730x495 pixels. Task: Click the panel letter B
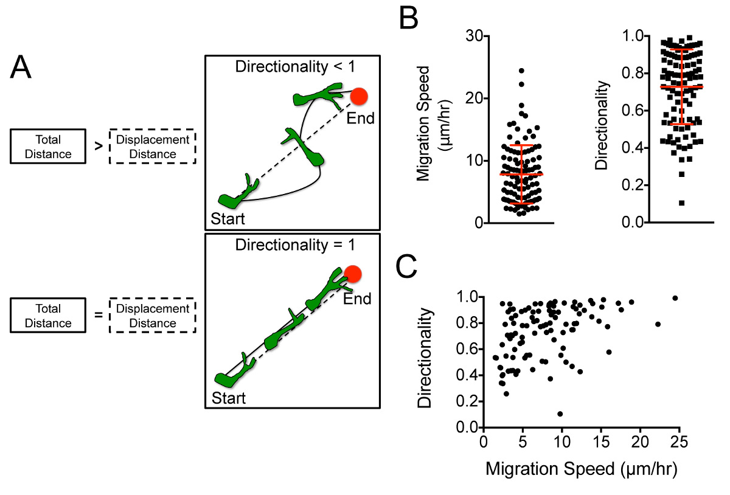pyautogui.click(x=408, y=19)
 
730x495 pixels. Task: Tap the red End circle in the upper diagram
pyautogui.click(x=358, y=96)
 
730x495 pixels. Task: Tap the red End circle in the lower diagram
pyautogui.click(x=351, y=274)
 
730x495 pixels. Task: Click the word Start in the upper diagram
pyautogui.click(x=228, y=217)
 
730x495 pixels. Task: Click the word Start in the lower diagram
pyautogui.click(x=228, y=398)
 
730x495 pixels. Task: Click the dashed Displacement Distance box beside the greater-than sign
pyautogui.click(x=152, y=146)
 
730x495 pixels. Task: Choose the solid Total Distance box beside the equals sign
pyautogui.click(x=48, y=316)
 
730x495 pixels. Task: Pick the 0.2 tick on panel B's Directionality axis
pyautogui.click(x=632, y=185)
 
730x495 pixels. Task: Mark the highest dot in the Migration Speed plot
pyautogui.click(x=521, y=71)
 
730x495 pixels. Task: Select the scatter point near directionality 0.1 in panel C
pyautogui.click(x=560, y=414)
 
